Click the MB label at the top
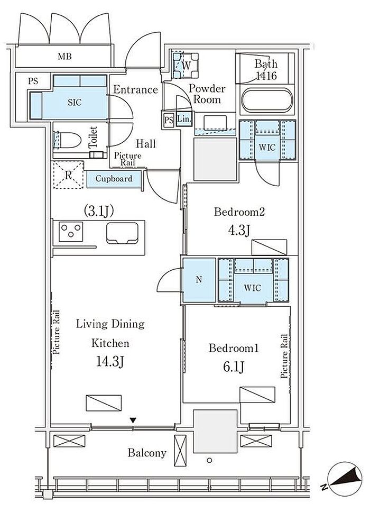click(x=64, y=57)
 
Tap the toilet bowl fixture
click(x=67, y=141)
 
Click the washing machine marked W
click(x=186, y=65)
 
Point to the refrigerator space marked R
click(x=68, y=175)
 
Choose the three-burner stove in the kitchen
click(x=71, y=232)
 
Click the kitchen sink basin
click(x=122, y=233)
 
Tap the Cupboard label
click(x=114, y=179)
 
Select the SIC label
click(x=75, y=103)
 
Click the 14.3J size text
click(x=110, y=362)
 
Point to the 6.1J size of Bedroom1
click(x=234, y=367)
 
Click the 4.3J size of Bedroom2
click(x=239, y=230)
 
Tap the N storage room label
click(x=199, y=279)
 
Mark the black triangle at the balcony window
click(x=133, y=420)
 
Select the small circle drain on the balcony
click(x=209, y=460)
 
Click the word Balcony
click(x=147, y=453)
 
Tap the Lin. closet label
click(x=184, y=119)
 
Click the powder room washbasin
click(x=215, y=123)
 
